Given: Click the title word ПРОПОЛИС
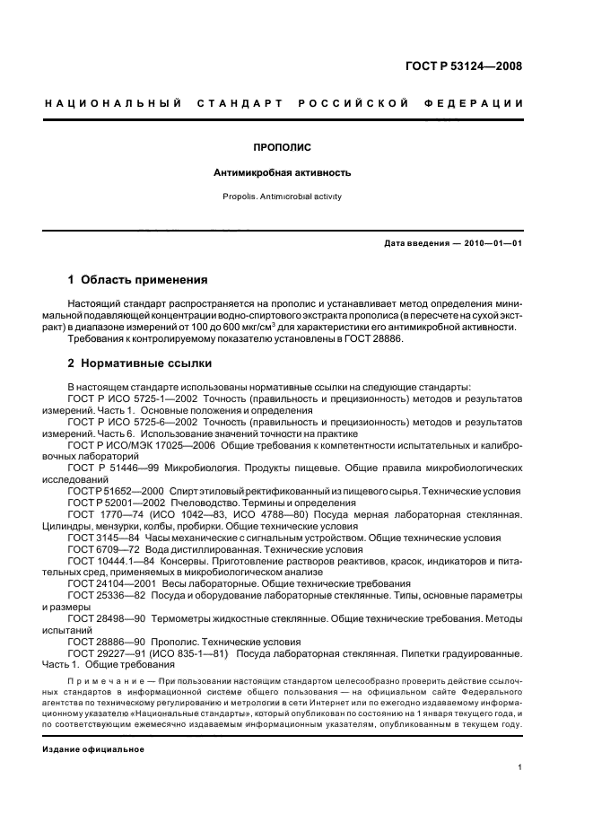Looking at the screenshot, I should point(282,146).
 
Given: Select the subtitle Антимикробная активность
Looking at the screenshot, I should point(282,171).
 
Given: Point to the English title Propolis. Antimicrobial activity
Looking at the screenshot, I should point(282,196).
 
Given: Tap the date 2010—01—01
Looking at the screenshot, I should point(493,244).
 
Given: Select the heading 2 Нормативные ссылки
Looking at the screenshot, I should point(141,363).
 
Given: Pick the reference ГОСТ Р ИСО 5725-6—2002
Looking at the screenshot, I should point(127,420).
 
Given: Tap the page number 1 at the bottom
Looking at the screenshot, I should point(519,767).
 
